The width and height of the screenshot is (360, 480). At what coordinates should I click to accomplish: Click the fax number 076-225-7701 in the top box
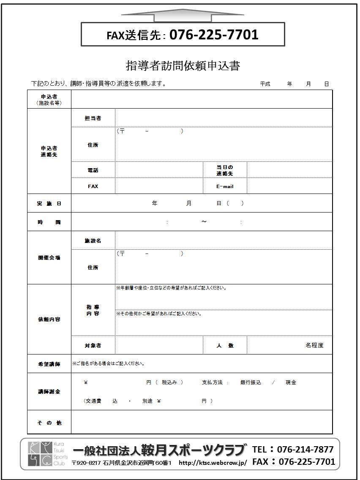214,35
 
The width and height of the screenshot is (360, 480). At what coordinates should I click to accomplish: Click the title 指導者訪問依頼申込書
183,66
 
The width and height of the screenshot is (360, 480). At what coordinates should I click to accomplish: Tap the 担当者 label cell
93,118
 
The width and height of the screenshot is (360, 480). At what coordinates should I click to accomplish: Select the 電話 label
93,170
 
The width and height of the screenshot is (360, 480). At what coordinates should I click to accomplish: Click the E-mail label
225,186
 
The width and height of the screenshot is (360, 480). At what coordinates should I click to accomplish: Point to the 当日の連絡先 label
225,170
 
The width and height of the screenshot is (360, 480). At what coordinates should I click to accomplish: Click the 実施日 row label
49,204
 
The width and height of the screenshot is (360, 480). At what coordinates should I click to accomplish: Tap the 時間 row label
49,222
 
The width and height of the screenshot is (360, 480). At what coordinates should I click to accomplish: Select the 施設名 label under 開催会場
93,241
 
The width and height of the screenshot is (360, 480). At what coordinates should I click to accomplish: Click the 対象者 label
93,346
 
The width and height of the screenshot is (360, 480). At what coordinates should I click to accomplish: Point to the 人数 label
225,346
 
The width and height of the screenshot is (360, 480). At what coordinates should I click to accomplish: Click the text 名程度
314,345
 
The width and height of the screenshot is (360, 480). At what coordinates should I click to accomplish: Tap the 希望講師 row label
49,364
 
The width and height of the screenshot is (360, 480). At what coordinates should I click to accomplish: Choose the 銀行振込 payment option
251,382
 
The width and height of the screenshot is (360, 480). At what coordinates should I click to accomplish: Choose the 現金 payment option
291,382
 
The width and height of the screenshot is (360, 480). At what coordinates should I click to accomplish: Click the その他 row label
49,423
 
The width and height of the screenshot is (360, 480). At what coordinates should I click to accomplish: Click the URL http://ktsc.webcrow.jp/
213,463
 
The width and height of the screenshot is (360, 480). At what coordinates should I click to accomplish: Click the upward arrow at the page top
183,15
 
